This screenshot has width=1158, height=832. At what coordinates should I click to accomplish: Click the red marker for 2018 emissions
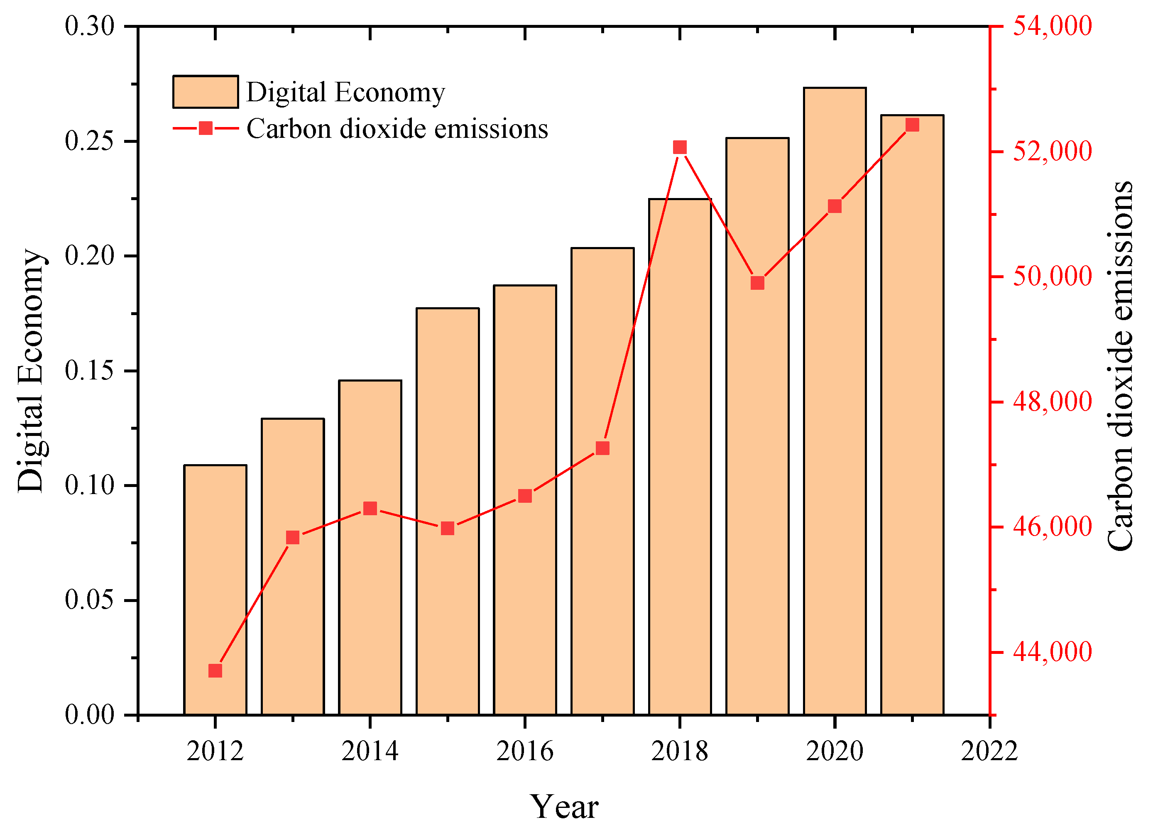pyautogui.click(x=680, y=147)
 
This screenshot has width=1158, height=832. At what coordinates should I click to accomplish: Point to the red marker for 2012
pyautogui.click(x=215, y=670)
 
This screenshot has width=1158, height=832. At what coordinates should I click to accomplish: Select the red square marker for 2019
pyautogui.click(x=757, y=283)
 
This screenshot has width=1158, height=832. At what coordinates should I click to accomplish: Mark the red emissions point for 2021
pyautogui.click(x=912, y=125)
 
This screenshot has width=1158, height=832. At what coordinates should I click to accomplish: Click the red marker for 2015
pyautogui.click(x=447, y=528)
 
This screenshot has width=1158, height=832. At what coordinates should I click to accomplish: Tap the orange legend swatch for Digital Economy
pyautogui.click(x=205, y=92)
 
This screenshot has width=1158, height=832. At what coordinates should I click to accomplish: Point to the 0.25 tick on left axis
pyautogui.click(x=89, y=141)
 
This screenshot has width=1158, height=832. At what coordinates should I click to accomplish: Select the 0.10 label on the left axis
pyautogui.click(x=89, y=485)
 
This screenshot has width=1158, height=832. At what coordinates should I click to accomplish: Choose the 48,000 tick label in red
pyautogui.click(x=1052, y=402)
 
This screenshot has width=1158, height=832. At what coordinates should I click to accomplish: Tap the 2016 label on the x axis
pyautogui.click(x=524, y=751)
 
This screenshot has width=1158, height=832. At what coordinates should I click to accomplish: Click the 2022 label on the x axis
pyautogui.click(x=989, y=751)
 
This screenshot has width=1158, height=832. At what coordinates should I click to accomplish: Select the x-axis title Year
pyautogui.click(x=564, y=807)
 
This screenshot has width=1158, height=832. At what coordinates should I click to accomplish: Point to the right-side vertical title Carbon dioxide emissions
pyautogui.click(x=1121, y=365)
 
